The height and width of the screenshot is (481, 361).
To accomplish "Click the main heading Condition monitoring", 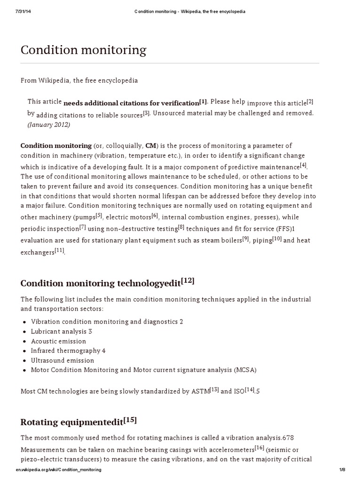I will pyautogui.click(x=83, y=50).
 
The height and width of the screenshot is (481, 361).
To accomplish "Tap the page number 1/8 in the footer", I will pyautogui.click(x=342, y=470).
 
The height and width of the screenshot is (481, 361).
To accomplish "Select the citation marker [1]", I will pyautogui.click(x=203, y=101).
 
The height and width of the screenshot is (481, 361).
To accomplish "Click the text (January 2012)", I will pyautogui.click(x=48, y=124).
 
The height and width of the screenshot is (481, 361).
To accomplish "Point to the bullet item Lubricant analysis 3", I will pyautogui.click(x=61, y=331).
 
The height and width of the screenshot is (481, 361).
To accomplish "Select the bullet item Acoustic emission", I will pyautogui.click(x=58, y=341).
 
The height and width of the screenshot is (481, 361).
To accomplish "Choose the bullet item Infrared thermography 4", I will pyautogui.click(x=68, y=350).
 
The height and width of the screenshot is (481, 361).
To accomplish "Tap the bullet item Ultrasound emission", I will pyautogui.click(x=62, y=360).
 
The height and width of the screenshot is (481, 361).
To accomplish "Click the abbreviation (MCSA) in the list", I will pyautogui.click(x=245, y=370).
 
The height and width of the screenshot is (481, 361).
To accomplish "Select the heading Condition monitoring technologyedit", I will pyautogui.click(x=100, y=283).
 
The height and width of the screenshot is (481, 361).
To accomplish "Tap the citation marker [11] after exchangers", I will pyautogui.click(x=59, y=250).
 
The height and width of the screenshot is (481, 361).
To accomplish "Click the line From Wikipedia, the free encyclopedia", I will pyautogui.click(x=79, y=80).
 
